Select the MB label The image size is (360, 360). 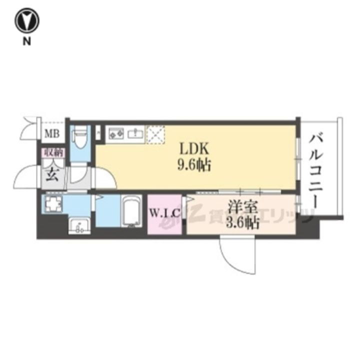(51, 133)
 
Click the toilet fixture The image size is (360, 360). (79, 137)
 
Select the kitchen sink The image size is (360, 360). (134, 133)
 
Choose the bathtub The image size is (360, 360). (131, 213)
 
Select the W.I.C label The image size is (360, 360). (164, 214)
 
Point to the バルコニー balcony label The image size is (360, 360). (315, 170)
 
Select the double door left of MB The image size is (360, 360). (30, 129)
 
